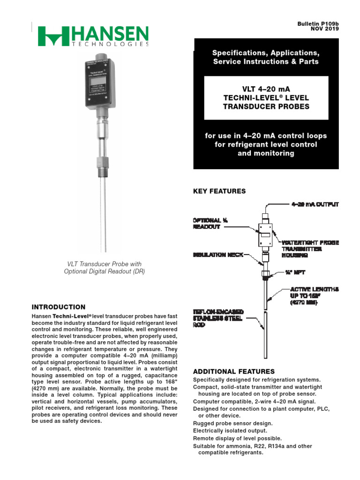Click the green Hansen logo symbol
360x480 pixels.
(x=53, y=37)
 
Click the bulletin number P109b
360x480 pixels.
(x=327, y=23)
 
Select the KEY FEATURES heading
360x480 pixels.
(x=219, y=191)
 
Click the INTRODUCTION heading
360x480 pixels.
(x=58, y=307)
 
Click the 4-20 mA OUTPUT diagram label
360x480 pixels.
(x=315, y=204)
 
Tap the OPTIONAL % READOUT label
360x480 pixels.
(x=207, y=223)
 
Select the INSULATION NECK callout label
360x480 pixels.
(x=218, y=255)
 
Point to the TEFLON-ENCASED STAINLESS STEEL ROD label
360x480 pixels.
(x=218, y=318)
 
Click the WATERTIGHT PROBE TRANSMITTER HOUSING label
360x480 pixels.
(x=309, y=249)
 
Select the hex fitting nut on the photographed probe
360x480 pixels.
(x=102, y=165)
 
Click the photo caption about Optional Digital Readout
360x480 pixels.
(x=105, y=268)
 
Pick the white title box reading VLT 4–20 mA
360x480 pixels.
(x=266, y=97)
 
